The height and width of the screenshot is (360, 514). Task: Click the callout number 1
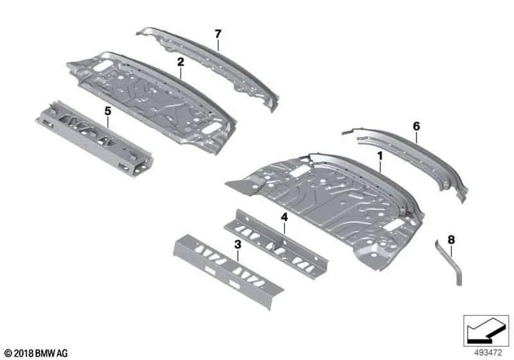click(x=380, y=156)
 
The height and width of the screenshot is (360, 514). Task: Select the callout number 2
click(x=181, y=62)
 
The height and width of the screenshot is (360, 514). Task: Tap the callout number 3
click(x=237, y=244)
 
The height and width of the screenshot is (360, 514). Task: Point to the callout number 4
click(x=283, y=218)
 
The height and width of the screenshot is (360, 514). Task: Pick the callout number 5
click(x=108, y=111)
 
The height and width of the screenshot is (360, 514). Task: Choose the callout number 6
click(x=416, y=127)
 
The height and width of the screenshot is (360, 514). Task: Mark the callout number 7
click(x=218, y=33)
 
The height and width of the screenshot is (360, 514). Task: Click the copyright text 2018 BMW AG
click(x=36, y=353)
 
